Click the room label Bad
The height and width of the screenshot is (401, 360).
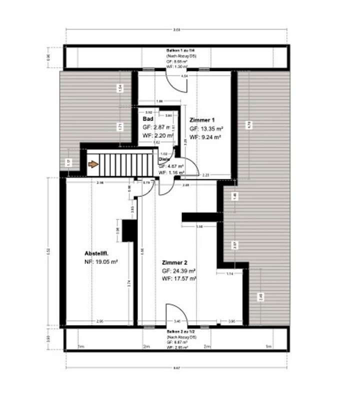(x=147, y=119)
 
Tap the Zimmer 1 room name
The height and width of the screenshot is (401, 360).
(x=202, y=120)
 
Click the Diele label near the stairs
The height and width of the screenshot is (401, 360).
(x=163, y=159)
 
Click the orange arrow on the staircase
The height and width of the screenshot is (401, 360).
(x=93, y=164)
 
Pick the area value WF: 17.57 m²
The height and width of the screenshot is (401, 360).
(x=178, y=278)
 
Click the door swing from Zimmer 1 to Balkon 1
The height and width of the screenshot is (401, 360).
(x=175, y=80)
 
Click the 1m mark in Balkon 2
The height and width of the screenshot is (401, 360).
(x=268, y=346)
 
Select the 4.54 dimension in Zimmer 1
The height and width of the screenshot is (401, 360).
(x=184, y=75)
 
